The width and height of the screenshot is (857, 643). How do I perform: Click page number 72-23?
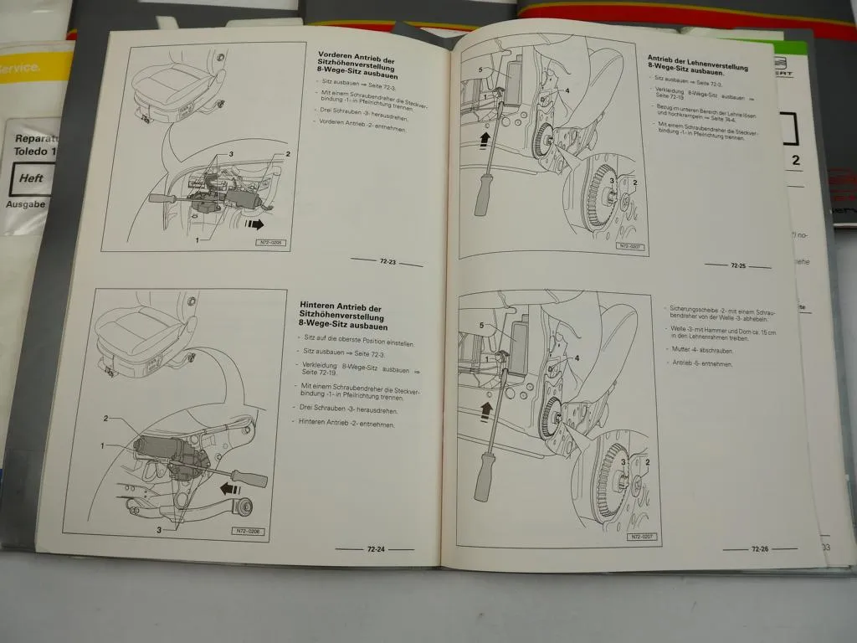point(386,263)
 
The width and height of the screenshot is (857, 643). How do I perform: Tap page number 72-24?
point(375,549)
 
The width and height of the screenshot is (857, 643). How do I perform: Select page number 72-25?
point(737,265)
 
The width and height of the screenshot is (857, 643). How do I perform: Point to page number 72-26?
point(759,549)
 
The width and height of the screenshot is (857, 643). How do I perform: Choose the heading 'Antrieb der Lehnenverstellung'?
point(686,64)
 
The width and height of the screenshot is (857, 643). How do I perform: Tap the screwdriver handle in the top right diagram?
point(484,194)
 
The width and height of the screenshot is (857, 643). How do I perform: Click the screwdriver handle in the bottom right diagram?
point(483,477)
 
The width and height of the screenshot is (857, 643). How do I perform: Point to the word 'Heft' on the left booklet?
point(31,179)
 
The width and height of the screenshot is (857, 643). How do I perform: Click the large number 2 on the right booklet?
point(795,160)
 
